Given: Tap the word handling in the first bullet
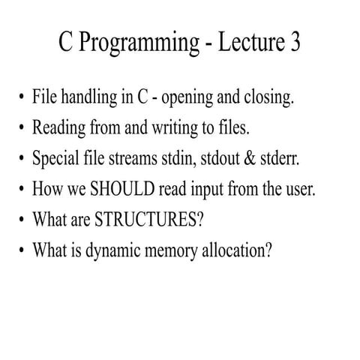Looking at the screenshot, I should (88, 98).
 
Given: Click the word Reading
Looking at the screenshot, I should (58, 127).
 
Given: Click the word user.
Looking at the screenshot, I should (301, 188).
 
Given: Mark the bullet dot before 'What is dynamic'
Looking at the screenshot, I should (20, 251).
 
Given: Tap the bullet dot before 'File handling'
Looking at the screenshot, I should (20, 98).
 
